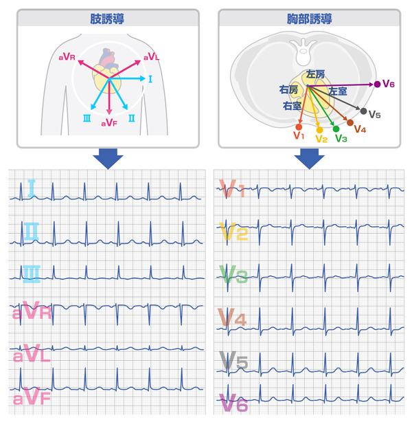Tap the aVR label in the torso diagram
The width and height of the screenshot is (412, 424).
pyautogui.click(x=67, y=58)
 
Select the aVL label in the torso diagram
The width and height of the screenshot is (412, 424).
pyautogui.click(x=151, y=57)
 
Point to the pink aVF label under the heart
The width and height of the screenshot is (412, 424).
pyautogui.click(x=109, y=123)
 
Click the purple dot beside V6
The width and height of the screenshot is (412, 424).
pyautogui.click(x=378, y=84)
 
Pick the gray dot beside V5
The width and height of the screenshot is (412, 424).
pyautogui.click(x=363, y=111)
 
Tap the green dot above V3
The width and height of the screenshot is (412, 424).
pyautogui.click(x=336, y=129)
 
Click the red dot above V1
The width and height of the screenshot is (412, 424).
pyautogui.click(x=298, y=127)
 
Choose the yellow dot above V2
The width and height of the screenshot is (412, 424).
pyautogui.click(x=319, y=129)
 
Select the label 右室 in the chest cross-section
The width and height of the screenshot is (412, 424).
pyautogui.click(x=292, y=106)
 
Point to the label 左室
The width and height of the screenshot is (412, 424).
pyautogui.click(x=337, y=91)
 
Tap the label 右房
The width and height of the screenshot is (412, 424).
pyautogui.click(x=288, y=90)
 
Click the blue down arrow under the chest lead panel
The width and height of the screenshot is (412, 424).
pyautogui.click(x=310, y=159)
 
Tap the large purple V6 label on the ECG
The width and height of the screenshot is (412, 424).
pyautogui.click(x=232, y=403)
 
